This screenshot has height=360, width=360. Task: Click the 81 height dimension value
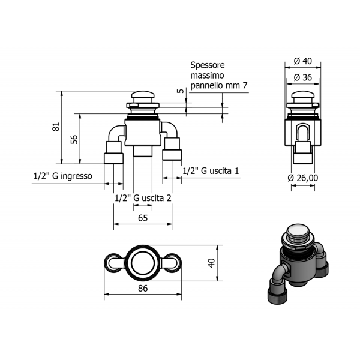click(56, 127)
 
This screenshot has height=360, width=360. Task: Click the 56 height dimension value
click(74, 140)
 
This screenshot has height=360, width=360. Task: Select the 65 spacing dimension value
click(143, 218)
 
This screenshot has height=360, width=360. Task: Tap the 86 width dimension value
click(143, 289)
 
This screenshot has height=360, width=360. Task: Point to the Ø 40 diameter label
click(303, 61)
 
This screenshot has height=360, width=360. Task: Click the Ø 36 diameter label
click(303, 77)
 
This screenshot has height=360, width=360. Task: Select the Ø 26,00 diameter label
click(303, 178)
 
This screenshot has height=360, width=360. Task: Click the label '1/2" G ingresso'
click(63, 176)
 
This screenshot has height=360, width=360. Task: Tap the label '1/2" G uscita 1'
click(211, 171)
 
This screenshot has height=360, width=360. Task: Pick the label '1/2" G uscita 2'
click(143, 198)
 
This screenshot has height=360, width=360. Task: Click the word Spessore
click(208, 65)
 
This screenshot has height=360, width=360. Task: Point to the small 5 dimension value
click(181, 91)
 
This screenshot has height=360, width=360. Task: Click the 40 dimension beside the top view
click(211, 263)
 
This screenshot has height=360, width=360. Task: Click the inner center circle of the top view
click(143, 263)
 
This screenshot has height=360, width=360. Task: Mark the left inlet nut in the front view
click(113, 158)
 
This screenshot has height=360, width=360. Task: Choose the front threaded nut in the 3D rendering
click(277, 296)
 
